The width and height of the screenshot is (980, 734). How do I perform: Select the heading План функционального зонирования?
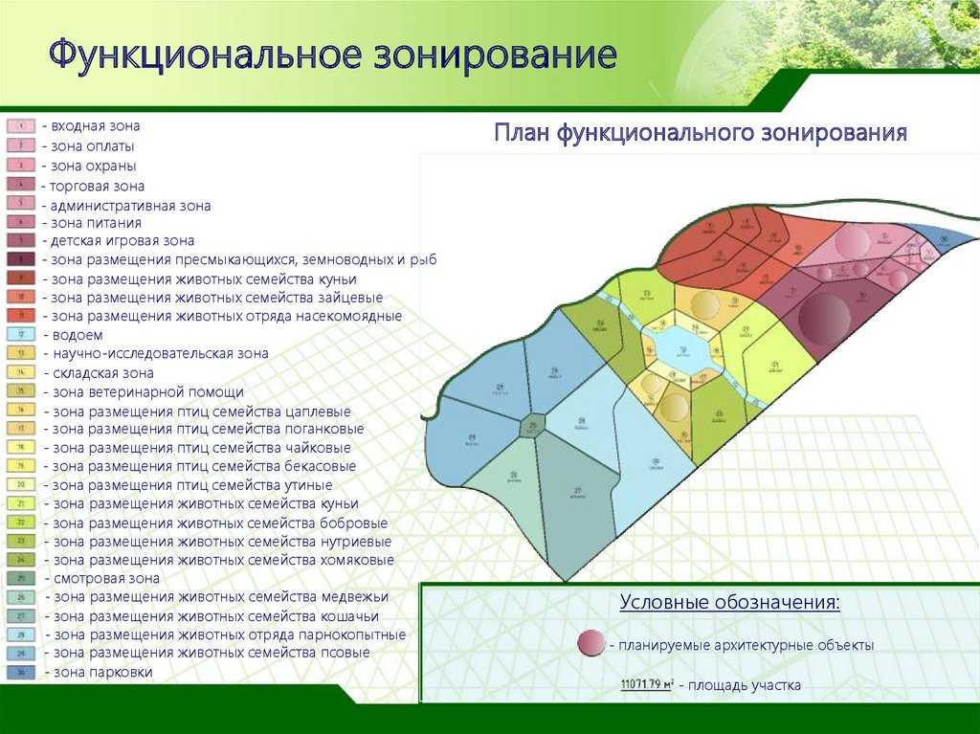tap(700, 132)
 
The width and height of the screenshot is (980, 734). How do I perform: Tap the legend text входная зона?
tap(96, 125)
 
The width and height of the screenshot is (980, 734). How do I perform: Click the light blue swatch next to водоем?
tap(21, 335)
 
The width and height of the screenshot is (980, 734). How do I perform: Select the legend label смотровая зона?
tap(105, 579)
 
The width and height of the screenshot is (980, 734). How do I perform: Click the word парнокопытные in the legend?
tap(355, 634)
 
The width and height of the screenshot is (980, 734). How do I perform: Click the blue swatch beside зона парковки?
tap(21, 673)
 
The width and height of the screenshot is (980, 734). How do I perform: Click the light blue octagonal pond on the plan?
tap(682, 351)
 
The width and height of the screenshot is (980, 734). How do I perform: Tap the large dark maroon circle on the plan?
tap(824, 318)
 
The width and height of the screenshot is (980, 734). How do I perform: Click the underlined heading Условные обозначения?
tap(730, 603)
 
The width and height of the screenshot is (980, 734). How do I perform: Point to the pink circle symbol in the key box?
tap(591, 644)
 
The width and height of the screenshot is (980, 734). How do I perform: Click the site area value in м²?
tap(647, 684)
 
